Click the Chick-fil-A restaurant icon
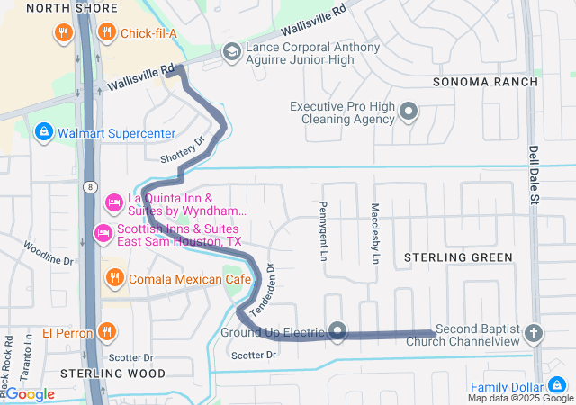pyautogui.click(x=107, y=33)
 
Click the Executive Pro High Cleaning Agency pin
pyautogui.click(x=409, y=112)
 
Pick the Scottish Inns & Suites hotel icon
pyautogui.click(x=103, y=235)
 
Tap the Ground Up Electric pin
pyautogui.click(x=337, y=331)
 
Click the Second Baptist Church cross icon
pyautogui.click(x=534, y=334)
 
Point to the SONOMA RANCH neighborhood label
pyautogui.click(x=485, y=82)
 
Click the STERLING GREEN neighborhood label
pyautogui.click(x=458, y=257)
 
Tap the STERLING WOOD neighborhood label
pyautogui.click(x=113, y=373)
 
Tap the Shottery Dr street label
pyautogui.click(x=183, y=149)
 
